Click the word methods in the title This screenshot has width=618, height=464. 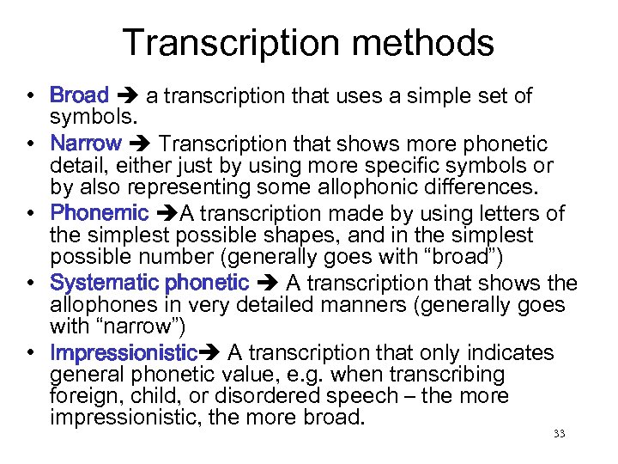(434, 43)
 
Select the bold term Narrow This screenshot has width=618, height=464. (85, 142)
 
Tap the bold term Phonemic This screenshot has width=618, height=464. (100, 212)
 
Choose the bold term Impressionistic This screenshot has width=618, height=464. (124, 353)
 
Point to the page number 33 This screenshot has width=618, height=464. (559, 434)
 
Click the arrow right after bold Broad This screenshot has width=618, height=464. (127, 95)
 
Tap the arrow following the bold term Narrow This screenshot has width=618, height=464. (137, 142)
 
